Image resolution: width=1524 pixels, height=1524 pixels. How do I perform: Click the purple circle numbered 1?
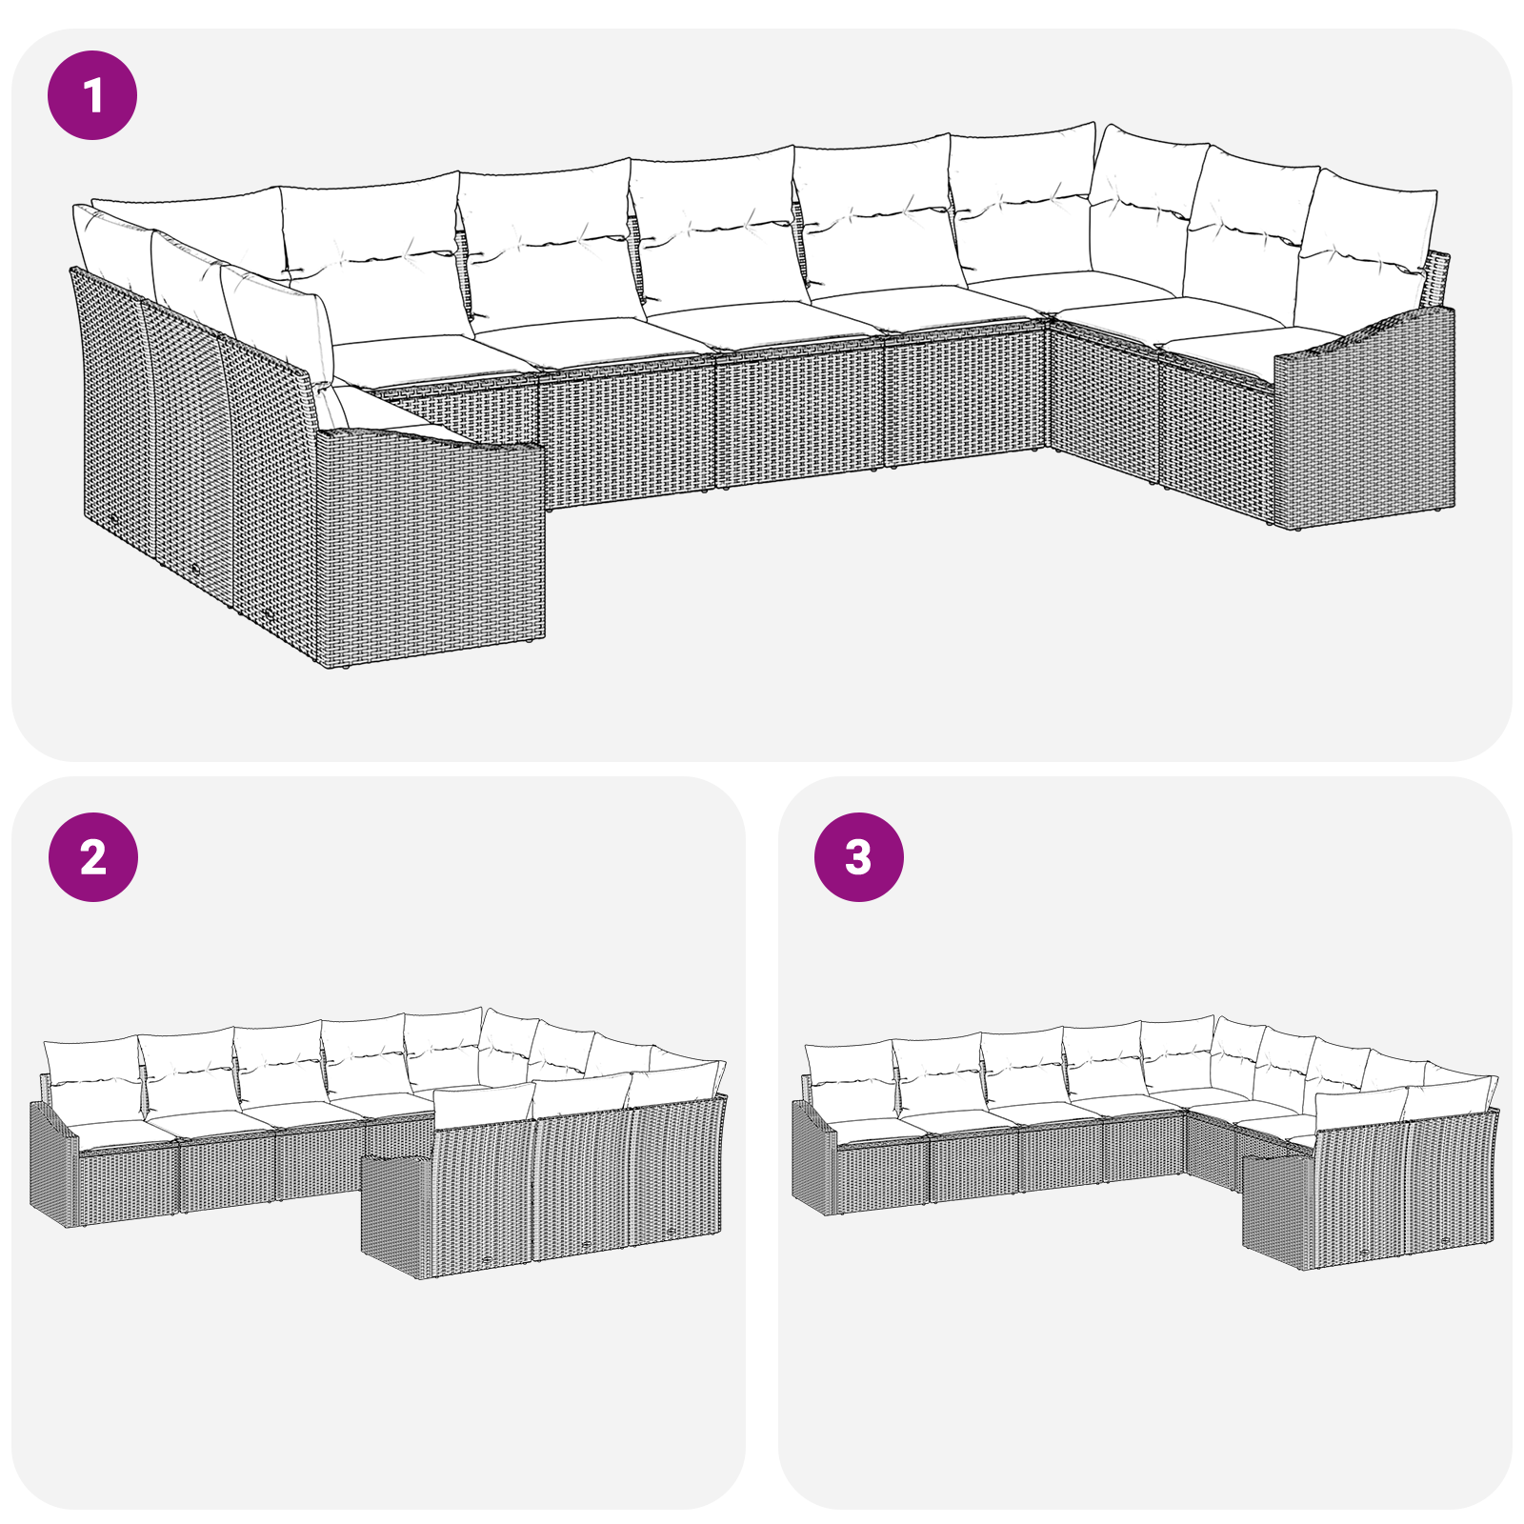tap(92, 95)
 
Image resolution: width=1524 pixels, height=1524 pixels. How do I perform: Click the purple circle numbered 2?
tap(92, 856)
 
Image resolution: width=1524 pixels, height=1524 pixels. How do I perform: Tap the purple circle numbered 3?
tap(858, 856)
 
